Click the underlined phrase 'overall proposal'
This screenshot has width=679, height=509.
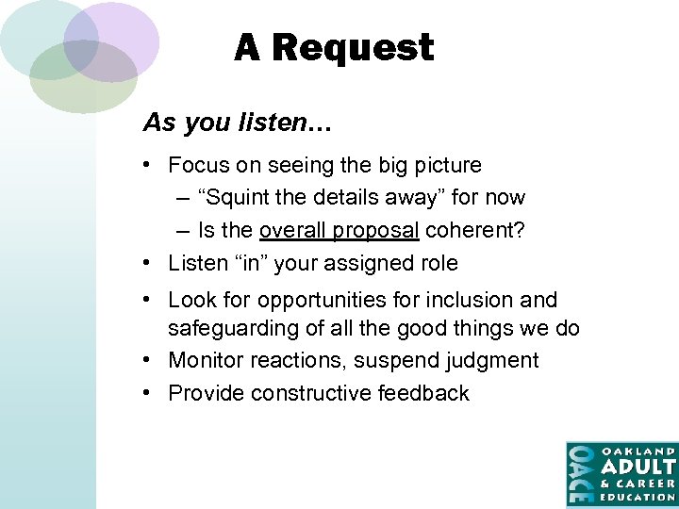tap(339, 230)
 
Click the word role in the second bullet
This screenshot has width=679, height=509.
tap(437, 263)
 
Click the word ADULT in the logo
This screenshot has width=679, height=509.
tap(638, 467)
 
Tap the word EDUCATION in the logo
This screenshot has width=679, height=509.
tap(638, 497)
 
